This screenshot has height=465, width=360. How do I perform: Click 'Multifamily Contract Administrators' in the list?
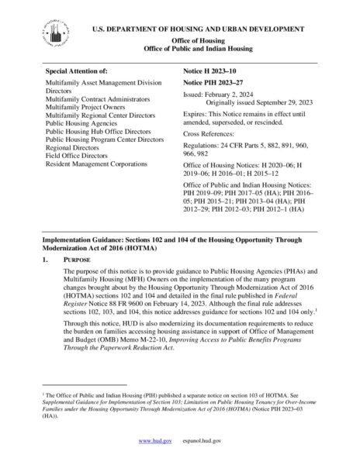99,100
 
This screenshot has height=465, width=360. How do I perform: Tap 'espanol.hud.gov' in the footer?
201,440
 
